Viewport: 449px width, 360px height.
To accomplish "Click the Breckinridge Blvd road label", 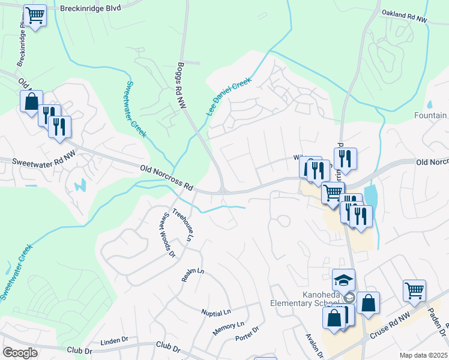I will pos(91,8).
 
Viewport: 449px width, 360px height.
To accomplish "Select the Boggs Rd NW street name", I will pos(181,85).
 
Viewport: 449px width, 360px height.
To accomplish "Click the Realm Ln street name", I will pos(193,275).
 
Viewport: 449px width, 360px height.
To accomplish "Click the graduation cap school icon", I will pos(344,280).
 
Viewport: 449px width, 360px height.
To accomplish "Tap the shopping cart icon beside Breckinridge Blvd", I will pos(35,16).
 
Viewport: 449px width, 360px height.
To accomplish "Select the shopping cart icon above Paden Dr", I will pos(415,292).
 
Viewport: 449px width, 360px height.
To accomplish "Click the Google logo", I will pos(20,353).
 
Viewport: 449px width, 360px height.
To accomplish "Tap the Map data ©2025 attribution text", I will pos(423,355).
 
